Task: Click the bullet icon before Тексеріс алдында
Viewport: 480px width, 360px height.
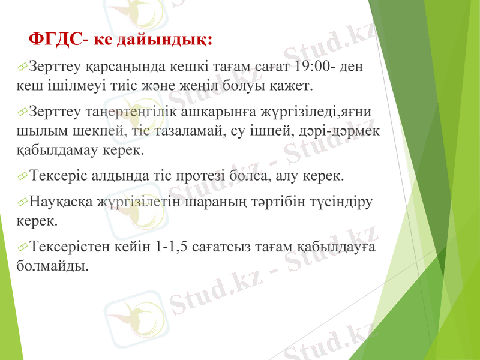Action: [x=23, y=178]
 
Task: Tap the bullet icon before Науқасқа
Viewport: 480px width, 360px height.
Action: [x=23, y=203]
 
